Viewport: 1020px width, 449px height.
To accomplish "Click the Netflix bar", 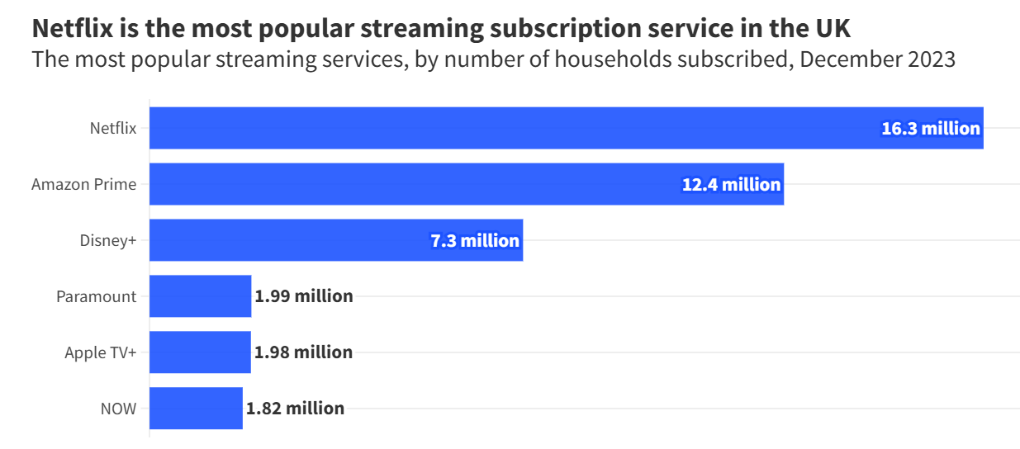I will tap(496, 128).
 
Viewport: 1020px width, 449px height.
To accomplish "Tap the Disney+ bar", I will tap(289, 240).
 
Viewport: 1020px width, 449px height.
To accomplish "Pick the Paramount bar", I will tap(200, 296).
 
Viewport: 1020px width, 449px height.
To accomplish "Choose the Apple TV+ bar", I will tap(200, 352).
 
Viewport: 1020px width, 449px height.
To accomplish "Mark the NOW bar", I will tap(196, 409).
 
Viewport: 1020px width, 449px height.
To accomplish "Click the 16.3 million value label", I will tap(931, 129).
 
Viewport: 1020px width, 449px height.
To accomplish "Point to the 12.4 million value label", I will tap(731, 185).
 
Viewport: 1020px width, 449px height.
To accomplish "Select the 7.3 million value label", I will tap(475, 241).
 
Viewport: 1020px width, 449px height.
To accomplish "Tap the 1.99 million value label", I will tap(304, 296).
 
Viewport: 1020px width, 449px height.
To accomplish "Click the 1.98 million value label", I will tap(303, 352).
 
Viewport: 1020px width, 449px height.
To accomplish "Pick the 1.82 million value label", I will tap(295, 409).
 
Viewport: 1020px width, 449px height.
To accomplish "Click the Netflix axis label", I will tap(113, 128).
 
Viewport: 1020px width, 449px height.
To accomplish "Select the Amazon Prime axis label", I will tap(84, 184).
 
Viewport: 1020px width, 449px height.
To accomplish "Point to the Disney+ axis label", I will tap(108, 240).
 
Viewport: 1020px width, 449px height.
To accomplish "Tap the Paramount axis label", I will tap(97, 296).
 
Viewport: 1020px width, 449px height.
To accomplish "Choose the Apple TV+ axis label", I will tap(101, 352).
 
